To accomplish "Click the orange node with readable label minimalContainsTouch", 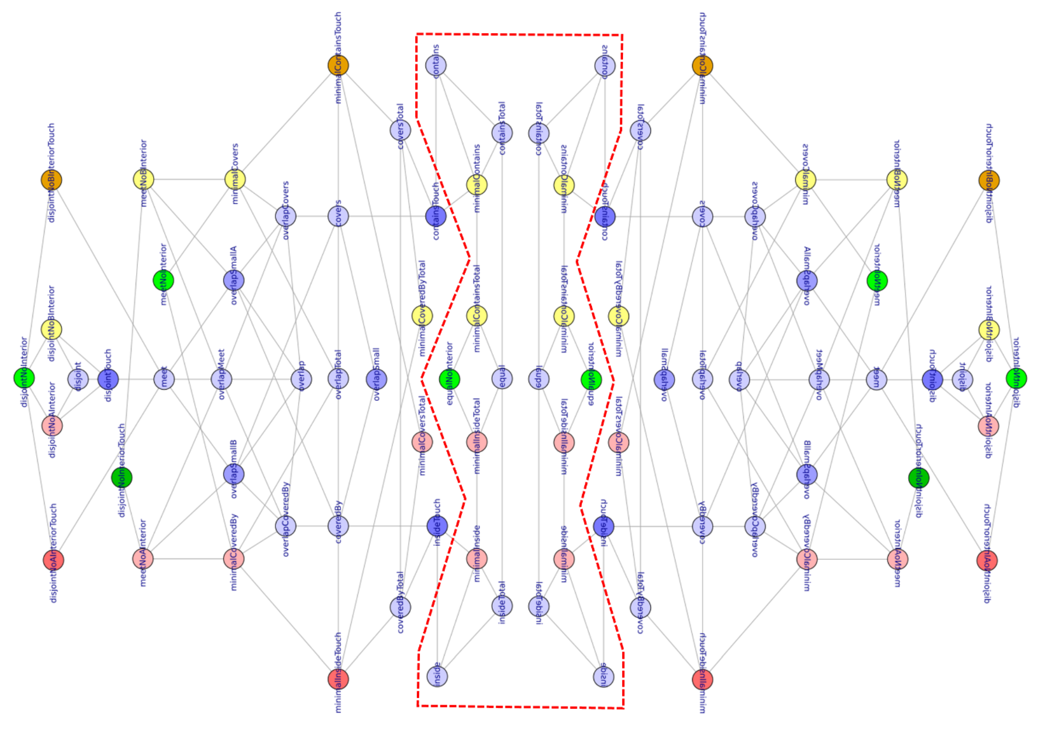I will pyautogui.click(x=338, y=66).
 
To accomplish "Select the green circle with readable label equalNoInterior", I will pyautogui.click(x=449, y=379).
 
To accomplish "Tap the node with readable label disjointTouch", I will pyautogui.click(x=108, y=379).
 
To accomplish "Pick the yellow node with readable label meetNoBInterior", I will pyautogui.click(x=144, y=179).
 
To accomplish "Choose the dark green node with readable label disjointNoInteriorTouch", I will pyautogui.click(x=121, y=477).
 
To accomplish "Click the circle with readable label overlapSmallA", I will pyautogui.click(x=234, y=280).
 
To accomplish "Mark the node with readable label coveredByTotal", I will pyautogui.click(x=400, y=607).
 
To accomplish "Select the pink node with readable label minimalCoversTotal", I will pyautogui.click(x=422, y=442).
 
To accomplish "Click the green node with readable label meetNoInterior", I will pyautogui.click(x=164, y=280).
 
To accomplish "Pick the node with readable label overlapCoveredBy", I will pyautogui.click(x=285, y=526).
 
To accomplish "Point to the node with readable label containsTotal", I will pyautogui.click(x=502, y=133).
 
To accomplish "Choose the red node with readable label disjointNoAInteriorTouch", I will pyautogui.click(x=53, y=560).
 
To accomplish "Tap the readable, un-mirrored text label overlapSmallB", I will pyautogui.click(x=234, y=470).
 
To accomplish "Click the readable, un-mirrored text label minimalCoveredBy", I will pyautogui.click(x=234, y=553).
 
